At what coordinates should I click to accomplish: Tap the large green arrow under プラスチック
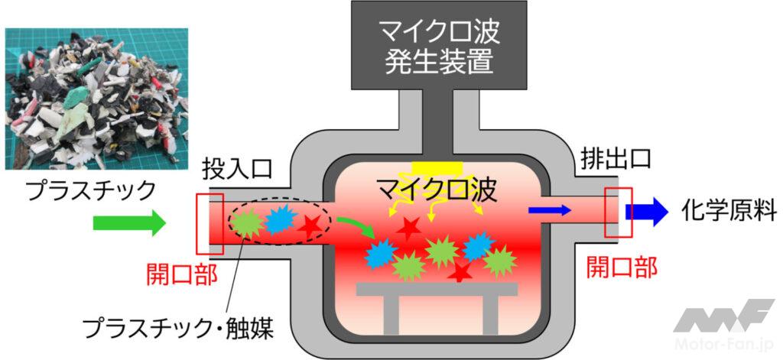[x=128, y=223]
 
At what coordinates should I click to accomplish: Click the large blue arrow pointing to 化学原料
[x=645, y=209]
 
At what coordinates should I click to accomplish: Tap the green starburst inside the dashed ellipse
[x=246, y=221]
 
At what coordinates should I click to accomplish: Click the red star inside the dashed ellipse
[x=310, y=225]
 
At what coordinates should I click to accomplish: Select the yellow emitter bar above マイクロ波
[x=438, y=167]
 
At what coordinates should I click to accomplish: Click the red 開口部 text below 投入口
[x=181, y=273]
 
